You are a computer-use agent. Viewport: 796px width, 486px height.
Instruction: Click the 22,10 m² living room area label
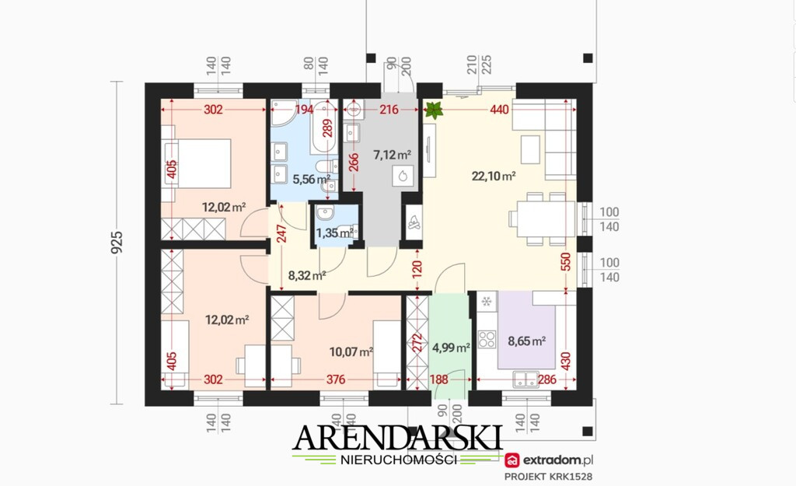[x=494, y=177]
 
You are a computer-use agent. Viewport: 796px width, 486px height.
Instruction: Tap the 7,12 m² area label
[x=392, y=155]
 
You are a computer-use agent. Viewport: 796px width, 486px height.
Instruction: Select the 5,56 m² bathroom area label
[x=312, y=180]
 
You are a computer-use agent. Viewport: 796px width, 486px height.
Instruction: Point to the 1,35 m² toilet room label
[x=334, y=233]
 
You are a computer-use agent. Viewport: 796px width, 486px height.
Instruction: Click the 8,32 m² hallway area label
[x=306, y=276]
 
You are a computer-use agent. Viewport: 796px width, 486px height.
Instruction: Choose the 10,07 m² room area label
[x=351, y=351]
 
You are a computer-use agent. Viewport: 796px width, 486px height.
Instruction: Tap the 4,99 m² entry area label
[x=451, y=348]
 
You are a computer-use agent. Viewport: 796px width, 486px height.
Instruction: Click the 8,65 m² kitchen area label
[x=527, y=341]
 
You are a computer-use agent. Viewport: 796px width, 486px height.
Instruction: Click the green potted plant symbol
[x=434, y=110]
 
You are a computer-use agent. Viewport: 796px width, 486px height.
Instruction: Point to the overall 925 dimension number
[x=117, y=243]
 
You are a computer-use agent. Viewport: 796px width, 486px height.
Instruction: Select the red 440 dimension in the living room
[x=499, y=109]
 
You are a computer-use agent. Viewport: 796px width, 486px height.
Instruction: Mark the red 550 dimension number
[x=566, y=261]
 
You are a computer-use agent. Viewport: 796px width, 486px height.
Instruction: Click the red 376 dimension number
[x=336, y=379]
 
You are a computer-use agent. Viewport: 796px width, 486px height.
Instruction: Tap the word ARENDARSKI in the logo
[x=397, y=437]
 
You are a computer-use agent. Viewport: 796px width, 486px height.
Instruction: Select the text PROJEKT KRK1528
[x=548, y=477]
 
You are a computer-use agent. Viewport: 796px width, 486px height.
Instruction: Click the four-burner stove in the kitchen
[x=487, y=339]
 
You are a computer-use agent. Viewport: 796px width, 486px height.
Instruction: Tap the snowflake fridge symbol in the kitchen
[x=487, y=302]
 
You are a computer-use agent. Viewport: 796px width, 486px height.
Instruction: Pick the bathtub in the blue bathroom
[x=325, y=127]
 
